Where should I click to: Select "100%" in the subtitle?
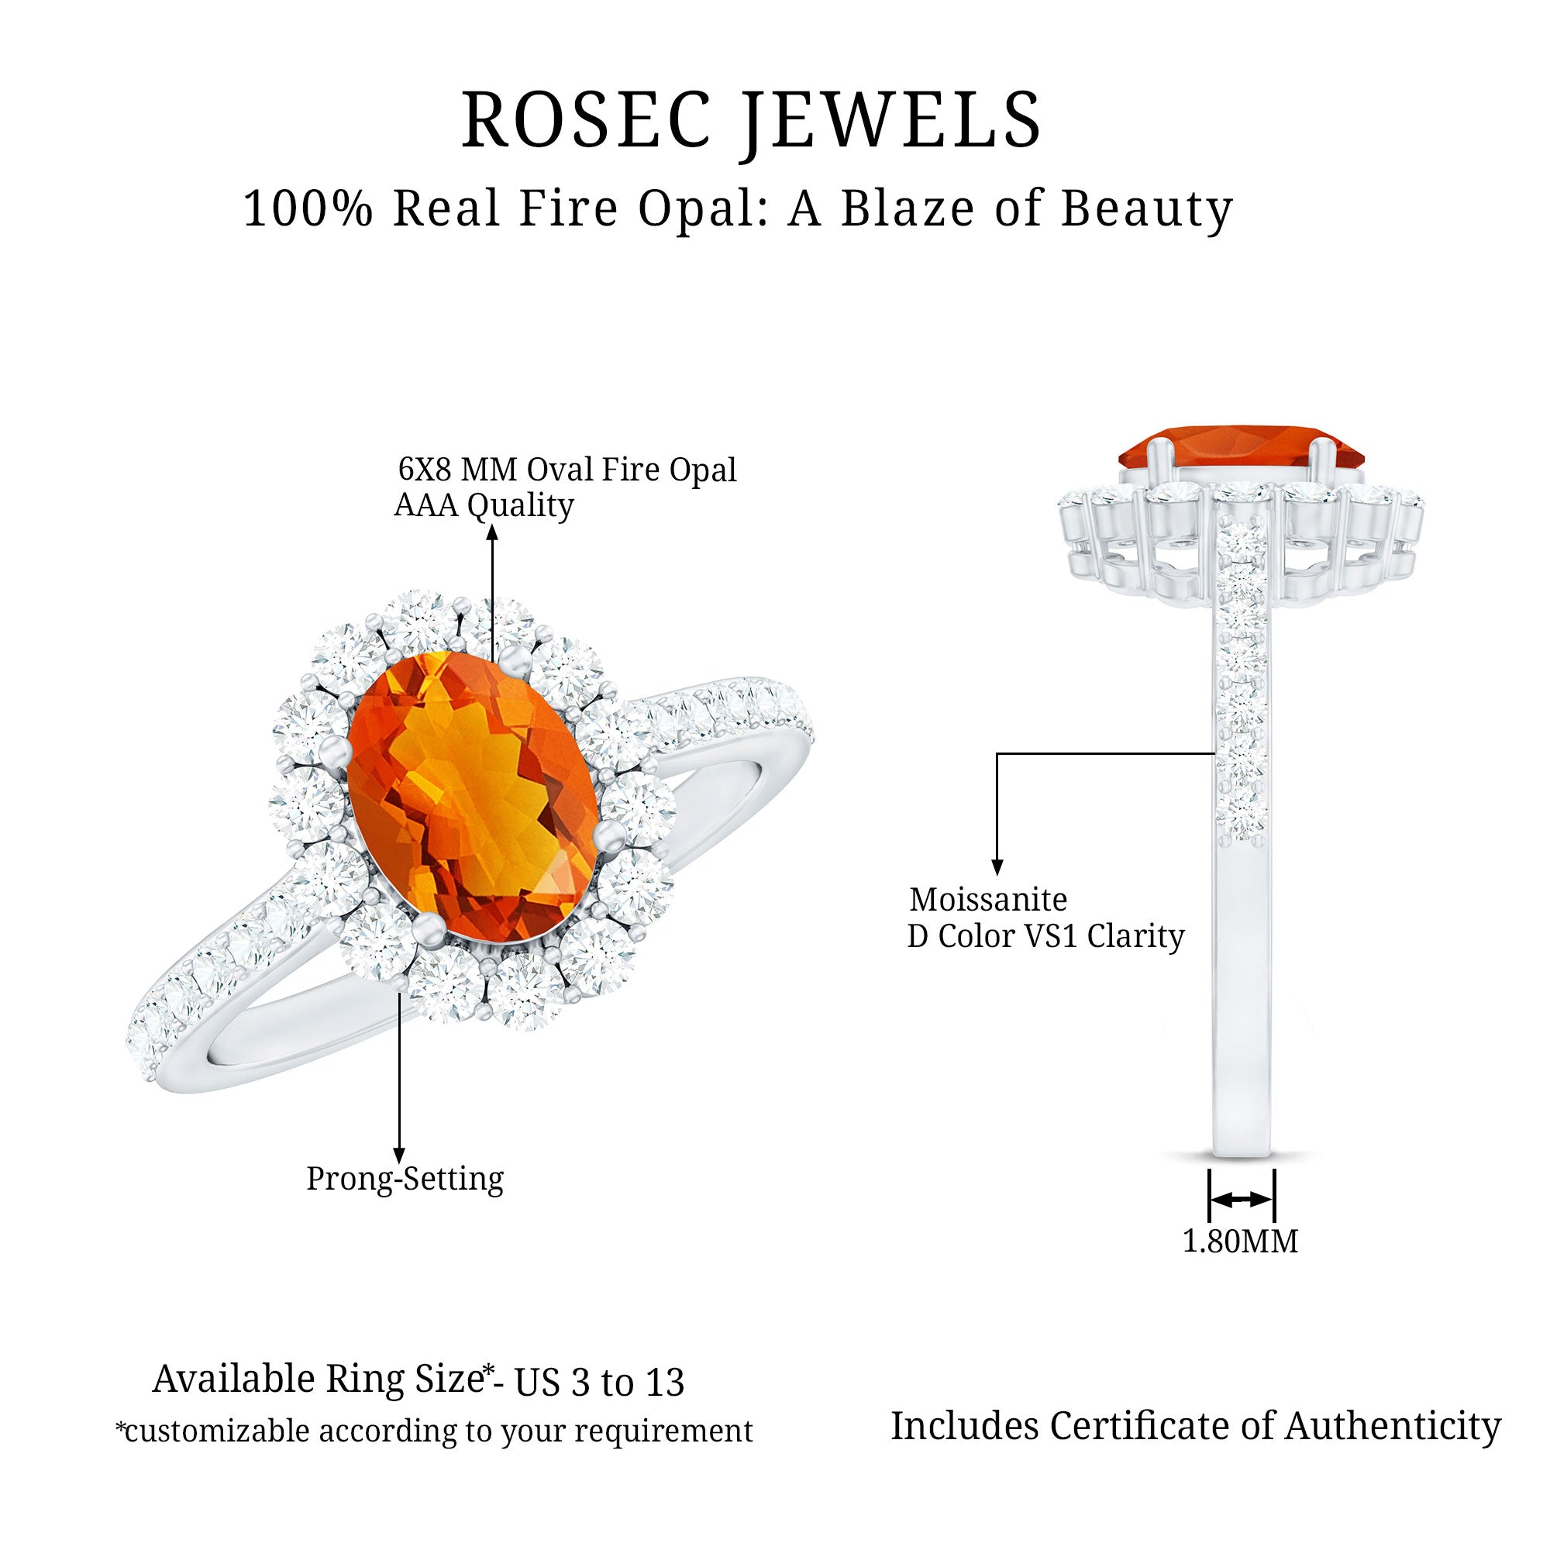(x=308, y=208)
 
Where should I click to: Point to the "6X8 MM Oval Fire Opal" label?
(x=567, y=470)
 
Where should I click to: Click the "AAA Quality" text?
(x=484, y=505)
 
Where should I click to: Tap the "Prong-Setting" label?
(x=405, y=1179)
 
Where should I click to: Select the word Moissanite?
(x=987, y=899)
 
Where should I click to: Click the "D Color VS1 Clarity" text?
(x=1045, y=936)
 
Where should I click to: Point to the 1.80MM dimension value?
(x=1239, y=1241)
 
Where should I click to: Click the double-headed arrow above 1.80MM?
(x=1240, y=1200)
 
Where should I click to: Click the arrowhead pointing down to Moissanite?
(x=997, y=867)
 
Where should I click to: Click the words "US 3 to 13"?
(x=598, y=1383)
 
